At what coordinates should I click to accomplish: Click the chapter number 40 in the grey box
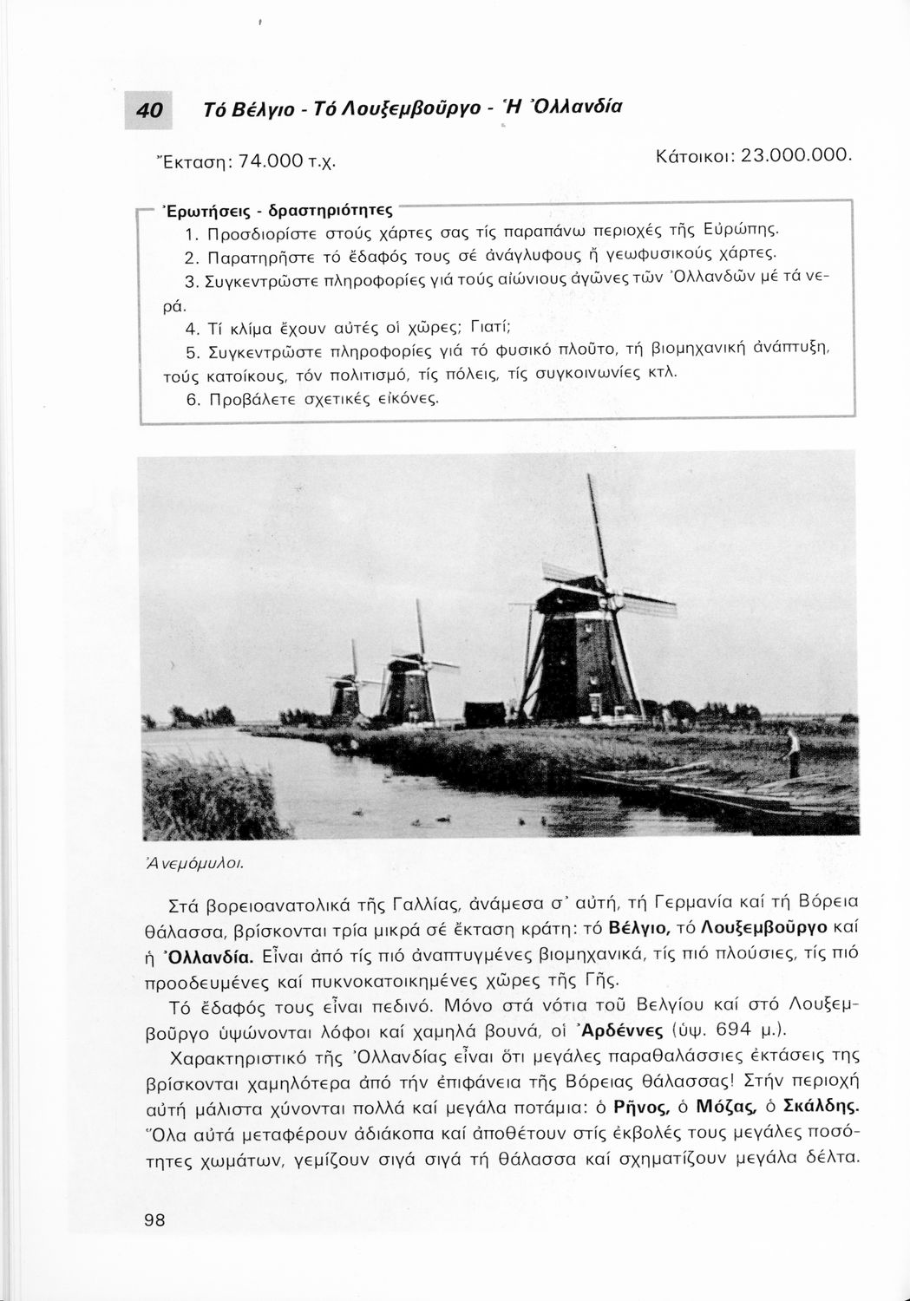tap(149, 110)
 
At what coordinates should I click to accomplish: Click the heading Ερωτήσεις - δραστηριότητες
tap(273, 211)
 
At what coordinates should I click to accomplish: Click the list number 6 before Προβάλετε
tap(193, 400)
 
